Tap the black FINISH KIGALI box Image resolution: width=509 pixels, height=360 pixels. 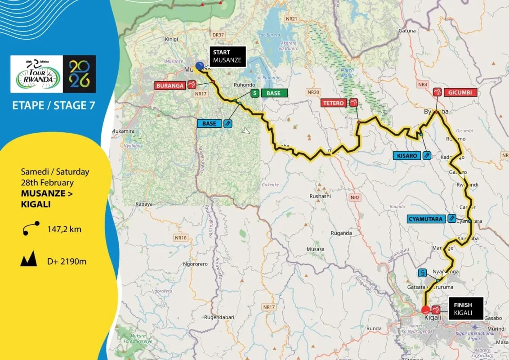click(x=465, y=308)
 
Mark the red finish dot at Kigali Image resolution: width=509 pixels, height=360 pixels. click(x=425, y=310)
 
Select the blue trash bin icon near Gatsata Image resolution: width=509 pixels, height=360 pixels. click(x=422, y=273)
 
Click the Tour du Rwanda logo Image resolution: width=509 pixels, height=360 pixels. click(x=36, y=74)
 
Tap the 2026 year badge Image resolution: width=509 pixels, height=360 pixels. click(x=79, y=74)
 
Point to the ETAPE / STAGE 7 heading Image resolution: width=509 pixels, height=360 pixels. click(x=54, y=106)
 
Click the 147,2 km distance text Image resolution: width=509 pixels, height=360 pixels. click(x=64, y=229)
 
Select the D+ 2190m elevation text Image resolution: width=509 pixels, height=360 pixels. click(x=67, y=261)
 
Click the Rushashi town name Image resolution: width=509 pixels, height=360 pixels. click(x=320, y=196)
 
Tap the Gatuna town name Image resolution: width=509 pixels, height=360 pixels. click(x=407, y=31)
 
